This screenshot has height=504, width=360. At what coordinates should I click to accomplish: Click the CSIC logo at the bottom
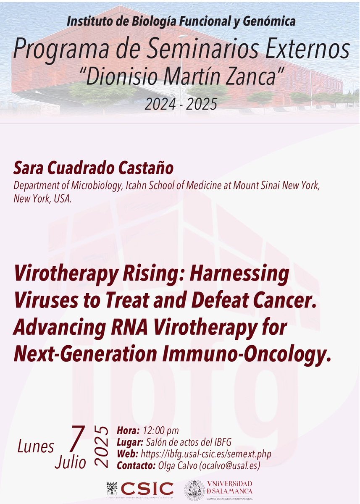(140, 488)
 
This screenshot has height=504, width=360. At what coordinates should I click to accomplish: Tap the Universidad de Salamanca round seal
(195, 490)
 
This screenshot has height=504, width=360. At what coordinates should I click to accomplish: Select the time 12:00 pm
(161, 430)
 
